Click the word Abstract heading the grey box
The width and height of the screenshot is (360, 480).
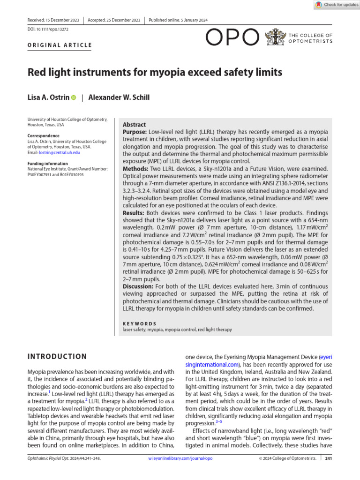click(134, 125)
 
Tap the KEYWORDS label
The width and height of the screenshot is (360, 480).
click(139, 323)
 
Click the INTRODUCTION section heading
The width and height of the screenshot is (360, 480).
click(57, 357)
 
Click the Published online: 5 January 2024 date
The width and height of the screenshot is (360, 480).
click(178, 20)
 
